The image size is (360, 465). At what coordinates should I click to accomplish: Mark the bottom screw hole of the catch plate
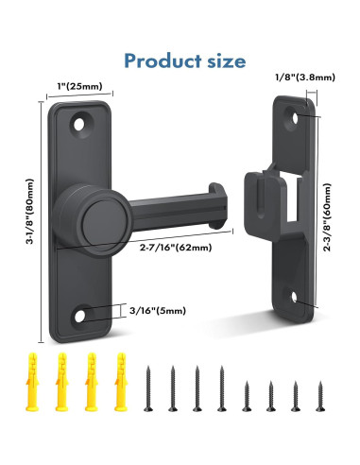(300, 299)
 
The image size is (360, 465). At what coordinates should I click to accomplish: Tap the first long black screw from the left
(148, 388)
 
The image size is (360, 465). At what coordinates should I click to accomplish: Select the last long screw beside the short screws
(221, 388)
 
